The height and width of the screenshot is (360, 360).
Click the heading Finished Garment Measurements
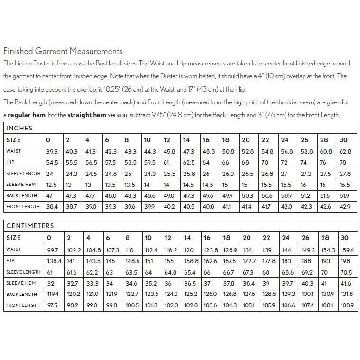(x=63, y=51)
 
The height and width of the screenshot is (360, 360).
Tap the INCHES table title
(x=19, y=128)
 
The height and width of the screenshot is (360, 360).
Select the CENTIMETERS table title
(x=30, y=226)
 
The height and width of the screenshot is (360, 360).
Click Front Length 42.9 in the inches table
(x=346, y=206)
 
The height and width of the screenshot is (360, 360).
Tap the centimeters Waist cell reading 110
(x=129, y=249)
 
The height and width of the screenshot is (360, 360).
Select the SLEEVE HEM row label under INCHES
(x=21, y=185)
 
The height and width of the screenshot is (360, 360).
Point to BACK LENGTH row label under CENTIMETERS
(x=21, y=295)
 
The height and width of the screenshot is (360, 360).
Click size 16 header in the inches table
(x=206, y=140)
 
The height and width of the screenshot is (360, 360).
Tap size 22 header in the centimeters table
(x=266, y=238)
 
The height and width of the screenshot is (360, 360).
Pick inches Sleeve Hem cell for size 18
(x=226, y=185)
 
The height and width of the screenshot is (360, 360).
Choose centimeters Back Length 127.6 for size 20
(x=249, y=294)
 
